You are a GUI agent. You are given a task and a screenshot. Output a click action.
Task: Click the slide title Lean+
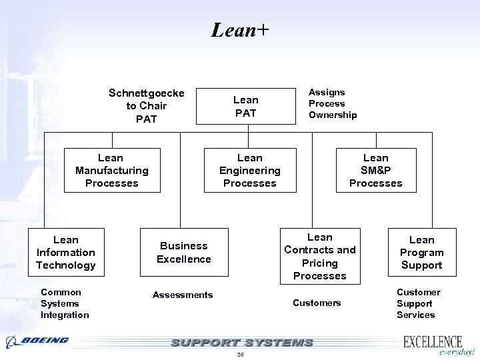239,30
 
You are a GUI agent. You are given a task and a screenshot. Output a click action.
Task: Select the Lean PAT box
245,106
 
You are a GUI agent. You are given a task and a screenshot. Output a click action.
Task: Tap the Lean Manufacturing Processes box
112,170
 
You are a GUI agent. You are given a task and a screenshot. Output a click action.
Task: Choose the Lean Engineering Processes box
250,170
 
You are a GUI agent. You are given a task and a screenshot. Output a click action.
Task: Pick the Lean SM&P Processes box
376,170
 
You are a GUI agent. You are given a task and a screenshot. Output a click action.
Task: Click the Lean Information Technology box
66,252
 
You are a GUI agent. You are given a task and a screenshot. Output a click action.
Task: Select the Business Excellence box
183,252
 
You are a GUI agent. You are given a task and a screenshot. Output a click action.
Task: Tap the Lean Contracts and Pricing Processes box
320,256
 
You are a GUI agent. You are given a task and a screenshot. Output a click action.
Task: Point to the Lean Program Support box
421,252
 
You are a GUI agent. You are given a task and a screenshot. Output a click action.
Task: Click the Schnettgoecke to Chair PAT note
147,106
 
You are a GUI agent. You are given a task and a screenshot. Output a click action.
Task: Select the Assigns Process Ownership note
332,103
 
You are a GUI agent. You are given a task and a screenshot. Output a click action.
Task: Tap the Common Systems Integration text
64,303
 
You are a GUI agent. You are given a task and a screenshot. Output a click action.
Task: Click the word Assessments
183,295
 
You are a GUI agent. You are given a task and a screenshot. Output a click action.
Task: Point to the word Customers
317,303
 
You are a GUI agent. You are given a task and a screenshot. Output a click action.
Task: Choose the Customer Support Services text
418,303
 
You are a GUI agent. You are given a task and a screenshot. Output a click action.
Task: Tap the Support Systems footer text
241,343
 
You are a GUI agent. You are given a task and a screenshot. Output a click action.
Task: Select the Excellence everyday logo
437,345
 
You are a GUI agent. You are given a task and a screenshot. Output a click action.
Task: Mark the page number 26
240,355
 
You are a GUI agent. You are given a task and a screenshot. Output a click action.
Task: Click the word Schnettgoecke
147,93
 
